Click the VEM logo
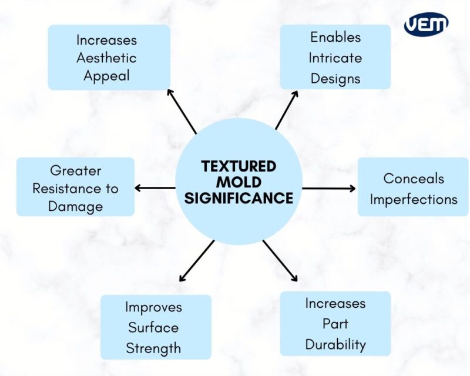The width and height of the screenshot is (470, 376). pos(427,24)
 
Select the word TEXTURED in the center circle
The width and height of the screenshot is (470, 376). pos(239,166)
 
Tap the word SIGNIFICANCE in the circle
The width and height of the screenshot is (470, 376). pos(239,198)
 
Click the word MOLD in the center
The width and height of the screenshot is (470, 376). pos(239,182)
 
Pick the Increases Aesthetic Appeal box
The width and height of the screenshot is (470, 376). pos(109,58)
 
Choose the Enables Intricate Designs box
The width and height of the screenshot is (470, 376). pos(335,57)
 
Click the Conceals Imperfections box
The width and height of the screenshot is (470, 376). pos(413,189)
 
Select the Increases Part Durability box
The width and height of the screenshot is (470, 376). pos(335,324)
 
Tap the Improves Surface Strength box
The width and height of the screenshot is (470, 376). pos(156,327)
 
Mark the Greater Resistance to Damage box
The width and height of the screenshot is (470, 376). pos(75,188)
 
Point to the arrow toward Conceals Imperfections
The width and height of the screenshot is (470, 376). pos(329,189)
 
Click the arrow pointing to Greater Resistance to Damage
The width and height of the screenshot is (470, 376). pos(155,188)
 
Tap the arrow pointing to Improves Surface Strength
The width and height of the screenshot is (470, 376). pos(196,261)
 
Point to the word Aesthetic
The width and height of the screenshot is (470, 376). pos(107,58)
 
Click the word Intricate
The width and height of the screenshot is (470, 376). pos(335,58)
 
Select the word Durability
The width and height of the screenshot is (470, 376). pos(335,344)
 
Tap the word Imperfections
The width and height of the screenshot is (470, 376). pos(413,199)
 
